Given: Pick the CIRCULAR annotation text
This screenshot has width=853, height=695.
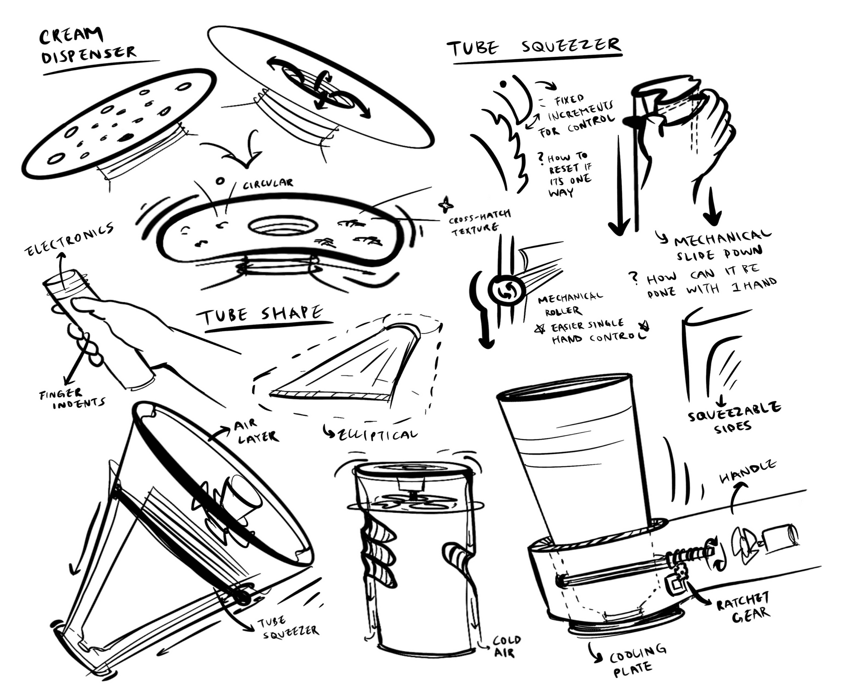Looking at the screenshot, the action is pyautogui.click(x=268, y=184).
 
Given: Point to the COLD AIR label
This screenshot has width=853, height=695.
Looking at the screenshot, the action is pyautogui.click(x=506, y=646).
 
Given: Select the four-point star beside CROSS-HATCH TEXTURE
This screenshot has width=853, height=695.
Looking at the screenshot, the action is pyautogui.click(x=446, y=206).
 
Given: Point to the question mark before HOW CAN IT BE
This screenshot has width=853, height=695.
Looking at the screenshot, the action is pyautogui.click(x=634, y=278).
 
